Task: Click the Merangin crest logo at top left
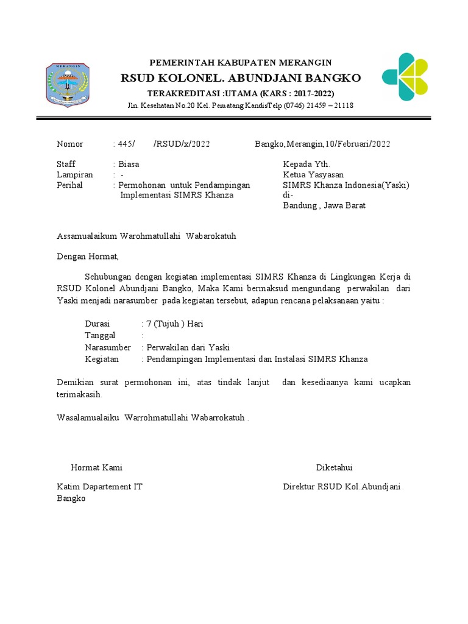(68, 86)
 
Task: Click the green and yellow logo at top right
(405, 77)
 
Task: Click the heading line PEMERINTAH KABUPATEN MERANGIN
(241, 63)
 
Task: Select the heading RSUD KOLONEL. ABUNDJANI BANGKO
(241, 78)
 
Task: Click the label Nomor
(69, 144)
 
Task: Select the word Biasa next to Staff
(129, 165)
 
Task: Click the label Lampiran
(74, 175)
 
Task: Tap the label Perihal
(69, 185)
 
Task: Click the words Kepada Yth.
(307, 165)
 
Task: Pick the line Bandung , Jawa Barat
(324, 206)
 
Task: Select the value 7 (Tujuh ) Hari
(172, 324)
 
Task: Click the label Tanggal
(100, 336)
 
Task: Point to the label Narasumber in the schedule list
(108, 347)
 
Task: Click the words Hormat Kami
(97, 467)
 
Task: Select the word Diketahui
(334, 467)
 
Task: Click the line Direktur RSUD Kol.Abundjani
(342, 487)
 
